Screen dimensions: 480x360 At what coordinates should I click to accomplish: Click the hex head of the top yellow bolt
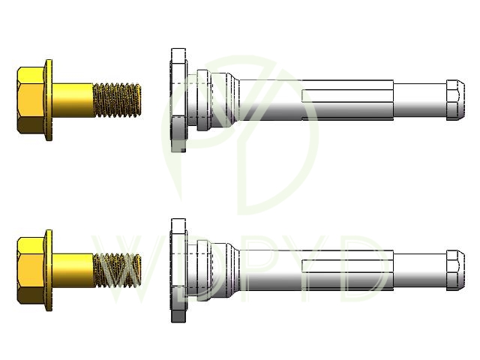[31, 100]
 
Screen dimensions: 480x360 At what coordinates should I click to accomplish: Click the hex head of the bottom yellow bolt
[31, 270]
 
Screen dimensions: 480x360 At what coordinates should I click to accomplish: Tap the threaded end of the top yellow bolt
[117, 100]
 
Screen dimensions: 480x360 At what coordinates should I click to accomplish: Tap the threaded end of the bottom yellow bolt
[117, 270]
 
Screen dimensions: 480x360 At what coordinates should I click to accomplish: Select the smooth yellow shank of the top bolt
[73, 100]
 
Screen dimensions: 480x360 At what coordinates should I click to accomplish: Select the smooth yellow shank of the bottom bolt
[73, 270]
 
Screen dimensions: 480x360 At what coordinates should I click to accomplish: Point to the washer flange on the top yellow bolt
[49, 100]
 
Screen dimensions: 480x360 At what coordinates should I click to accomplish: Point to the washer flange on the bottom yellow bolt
[49, 270]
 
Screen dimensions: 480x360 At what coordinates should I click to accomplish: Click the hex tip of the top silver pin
[455, 100]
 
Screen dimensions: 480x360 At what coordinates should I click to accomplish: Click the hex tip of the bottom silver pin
[455, 270]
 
